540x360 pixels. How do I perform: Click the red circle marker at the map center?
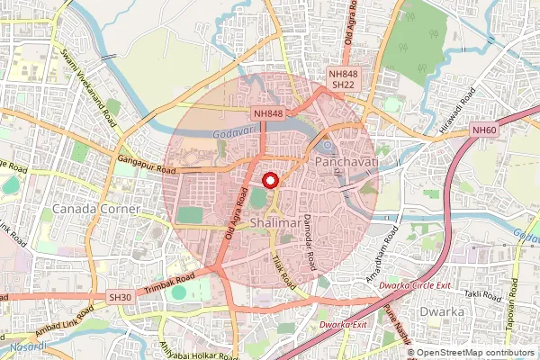point(270,180)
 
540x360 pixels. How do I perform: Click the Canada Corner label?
point(98,208)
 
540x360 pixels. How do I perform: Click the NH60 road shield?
point(484,130)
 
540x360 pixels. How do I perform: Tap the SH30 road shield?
point(120,297)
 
